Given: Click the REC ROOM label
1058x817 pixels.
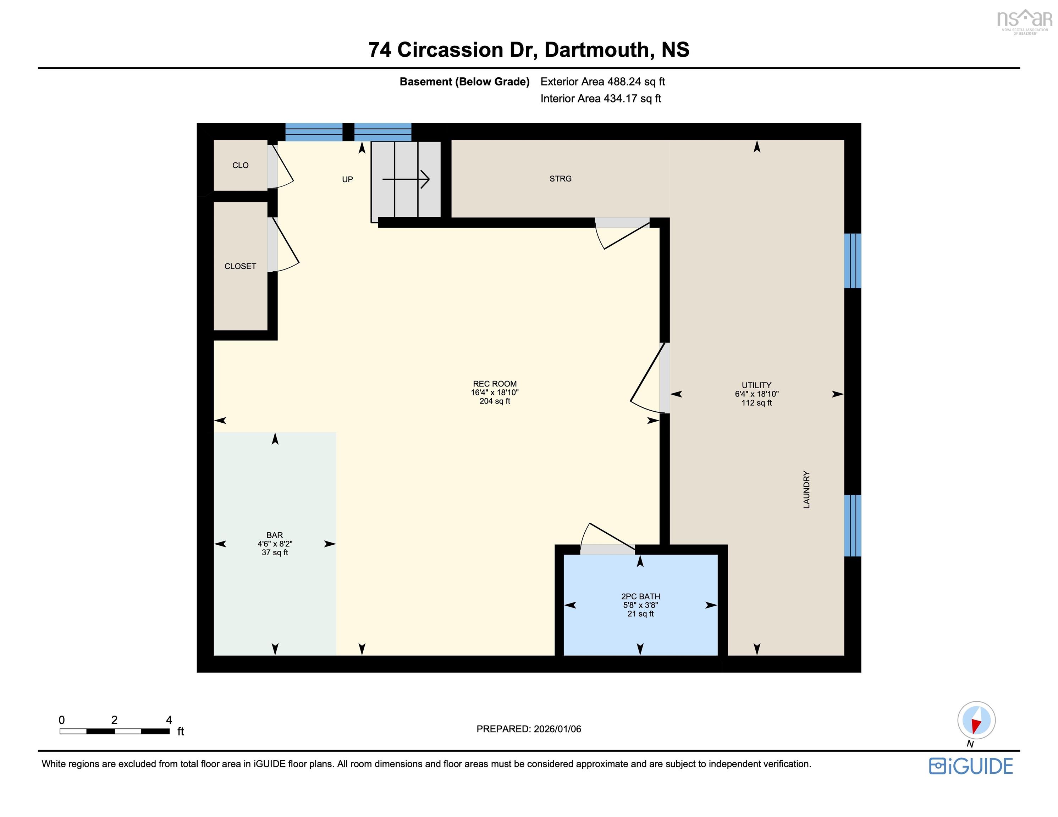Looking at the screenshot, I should click(495, 384).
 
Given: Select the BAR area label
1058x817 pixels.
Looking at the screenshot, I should click(275, 535).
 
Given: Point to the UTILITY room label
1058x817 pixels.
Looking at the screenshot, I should click(756, 385).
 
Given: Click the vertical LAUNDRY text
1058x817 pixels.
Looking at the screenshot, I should click(806, 489).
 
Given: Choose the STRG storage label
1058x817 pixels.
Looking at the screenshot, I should click(561, 179).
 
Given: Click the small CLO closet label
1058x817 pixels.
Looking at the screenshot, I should click(240, 166).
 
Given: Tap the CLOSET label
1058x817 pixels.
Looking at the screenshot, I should click(240, 266).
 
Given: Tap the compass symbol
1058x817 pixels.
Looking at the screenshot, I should click(976, 720).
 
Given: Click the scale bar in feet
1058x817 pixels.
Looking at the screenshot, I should click(115, 731).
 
